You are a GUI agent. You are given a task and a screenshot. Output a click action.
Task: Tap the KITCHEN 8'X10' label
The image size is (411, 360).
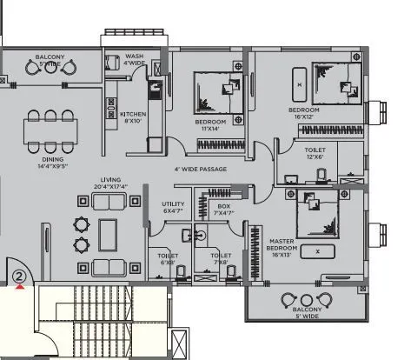(133, 117)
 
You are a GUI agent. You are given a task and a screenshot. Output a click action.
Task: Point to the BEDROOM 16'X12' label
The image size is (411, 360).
(304, 114)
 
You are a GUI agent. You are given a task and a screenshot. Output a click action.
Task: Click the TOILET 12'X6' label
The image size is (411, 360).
(315, 153)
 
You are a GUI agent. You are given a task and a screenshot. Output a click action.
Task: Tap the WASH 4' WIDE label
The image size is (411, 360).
(134, 58)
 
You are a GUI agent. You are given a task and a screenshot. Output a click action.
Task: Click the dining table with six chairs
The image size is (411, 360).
(51, 130)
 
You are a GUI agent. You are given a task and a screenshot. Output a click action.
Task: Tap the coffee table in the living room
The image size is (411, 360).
(109, 234)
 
